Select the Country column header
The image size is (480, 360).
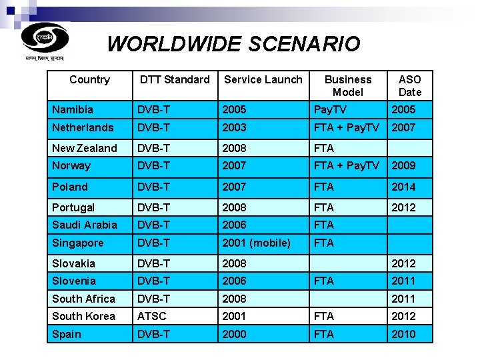click(x=89, y=80)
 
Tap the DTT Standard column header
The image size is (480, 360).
click(x=174, y=80)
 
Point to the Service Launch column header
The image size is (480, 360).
click(x=263, y=80)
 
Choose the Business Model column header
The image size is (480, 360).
click(x=348, y=86)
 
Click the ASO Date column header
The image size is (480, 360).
click(x=410, y=86)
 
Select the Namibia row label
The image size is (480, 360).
click(x=73, y=109)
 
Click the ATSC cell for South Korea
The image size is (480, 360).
click(x=151, y=316)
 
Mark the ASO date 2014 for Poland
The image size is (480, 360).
click(x=403, y=187)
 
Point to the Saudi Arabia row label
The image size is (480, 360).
click(x=84, y=225)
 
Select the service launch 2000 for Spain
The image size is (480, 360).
click(x=235, y=334)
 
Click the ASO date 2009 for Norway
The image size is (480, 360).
click(x=403, y=165)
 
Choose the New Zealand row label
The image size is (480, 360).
click(x=84, y=148)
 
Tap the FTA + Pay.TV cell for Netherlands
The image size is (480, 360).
click(x=347, y=127)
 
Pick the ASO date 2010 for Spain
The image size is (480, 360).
click(x=403, y=334)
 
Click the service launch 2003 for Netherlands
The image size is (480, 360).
click(x=235, y=127)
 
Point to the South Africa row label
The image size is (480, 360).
click(x=83, y=299)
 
